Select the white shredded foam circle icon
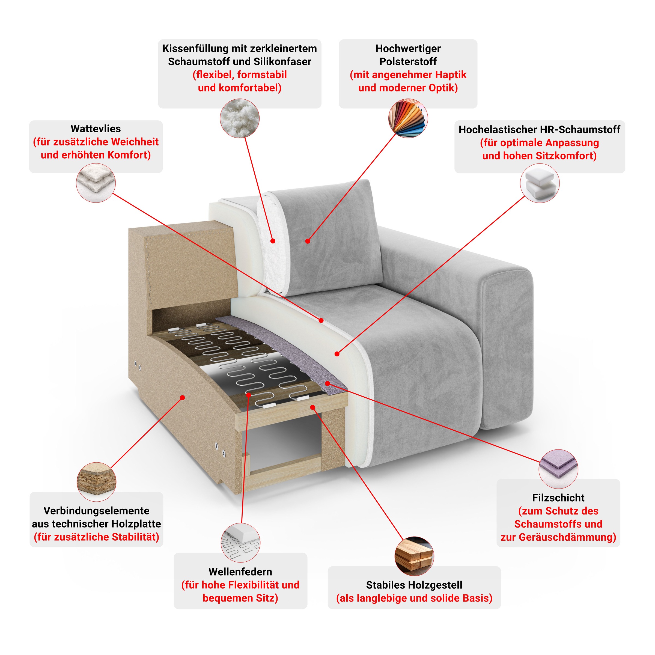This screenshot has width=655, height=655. click(240, 118)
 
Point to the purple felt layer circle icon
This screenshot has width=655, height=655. click(558, 469)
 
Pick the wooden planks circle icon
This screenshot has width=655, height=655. click(414, 556)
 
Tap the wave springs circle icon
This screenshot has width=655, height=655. click(240, 543)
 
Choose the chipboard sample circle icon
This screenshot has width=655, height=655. click(97, 482)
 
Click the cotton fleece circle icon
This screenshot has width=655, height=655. click(96, 183)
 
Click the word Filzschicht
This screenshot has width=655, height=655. click(558, 498)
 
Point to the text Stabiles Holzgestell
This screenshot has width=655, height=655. click(414, 585)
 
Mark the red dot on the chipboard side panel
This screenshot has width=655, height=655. click(182, 397)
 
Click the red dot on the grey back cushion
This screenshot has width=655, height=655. click(308, 241)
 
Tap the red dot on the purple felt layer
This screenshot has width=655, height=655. click(327, 383)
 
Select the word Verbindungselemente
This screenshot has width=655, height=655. click(96, 511)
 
